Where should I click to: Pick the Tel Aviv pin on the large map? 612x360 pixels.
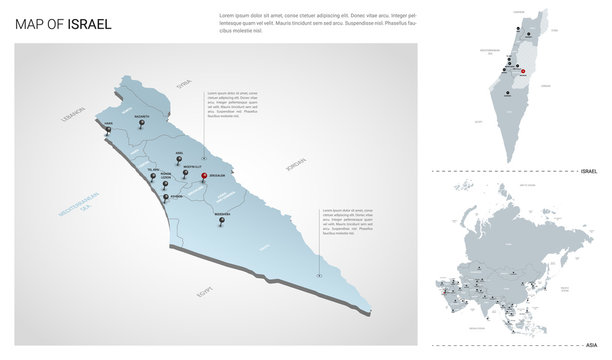154,177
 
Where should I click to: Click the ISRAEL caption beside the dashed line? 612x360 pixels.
588,171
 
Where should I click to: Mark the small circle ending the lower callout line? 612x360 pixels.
319,276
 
